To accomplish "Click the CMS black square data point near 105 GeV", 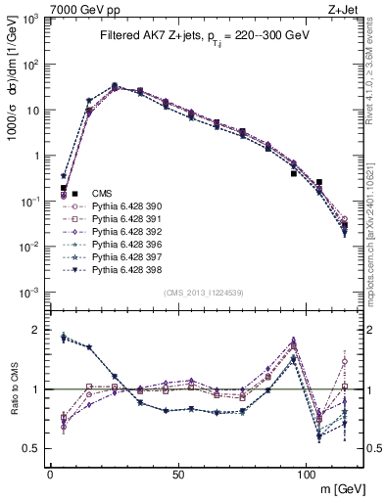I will coord(319,182).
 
